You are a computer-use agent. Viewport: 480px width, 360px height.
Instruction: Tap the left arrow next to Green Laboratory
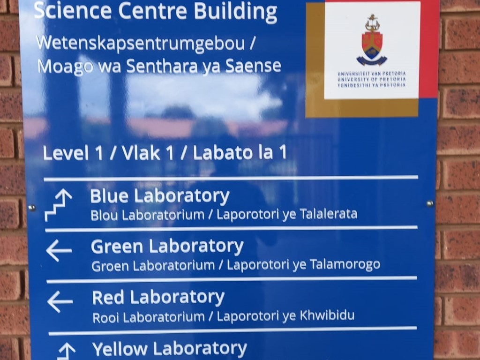[59, 250]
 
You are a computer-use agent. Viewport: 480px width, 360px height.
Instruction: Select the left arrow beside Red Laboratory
[60, 301]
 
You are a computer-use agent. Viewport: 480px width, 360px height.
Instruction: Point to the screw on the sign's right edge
[430, 203]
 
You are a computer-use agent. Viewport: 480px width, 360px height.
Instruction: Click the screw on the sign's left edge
[31, 208]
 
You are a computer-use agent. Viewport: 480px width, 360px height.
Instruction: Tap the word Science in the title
[73, 11]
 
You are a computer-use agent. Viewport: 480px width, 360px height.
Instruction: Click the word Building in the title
[235, 12]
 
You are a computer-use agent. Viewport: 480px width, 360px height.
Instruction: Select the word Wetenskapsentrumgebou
[141, 44]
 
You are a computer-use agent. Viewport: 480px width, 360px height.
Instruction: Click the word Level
[66, 153]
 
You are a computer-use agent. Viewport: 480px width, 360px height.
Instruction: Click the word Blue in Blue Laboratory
[109, 196]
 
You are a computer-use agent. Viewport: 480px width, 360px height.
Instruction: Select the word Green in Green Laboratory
[117, 247]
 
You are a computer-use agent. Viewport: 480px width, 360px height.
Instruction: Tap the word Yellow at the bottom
[120, 349]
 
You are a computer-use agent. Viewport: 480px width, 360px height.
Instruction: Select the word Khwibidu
[327, 315]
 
